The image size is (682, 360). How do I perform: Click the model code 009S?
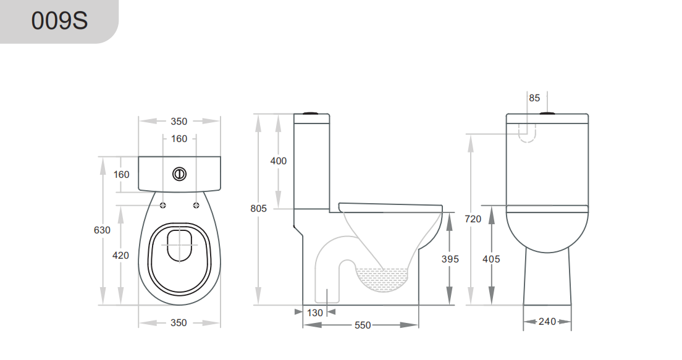click(x=59, y=21)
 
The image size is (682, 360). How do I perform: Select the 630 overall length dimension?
click(x=102, y=230)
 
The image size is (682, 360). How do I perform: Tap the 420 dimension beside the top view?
click(x=121, y=255)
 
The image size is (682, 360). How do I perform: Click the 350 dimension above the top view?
click(x=179, y=122)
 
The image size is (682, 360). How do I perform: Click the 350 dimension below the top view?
click(x=179, y=323)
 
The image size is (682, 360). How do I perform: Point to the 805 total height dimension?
click(x=259, y=209)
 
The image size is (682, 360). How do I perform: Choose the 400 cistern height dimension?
click(x=279, y=161)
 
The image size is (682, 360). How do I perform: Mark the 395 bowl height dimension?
click(x=450, y=259)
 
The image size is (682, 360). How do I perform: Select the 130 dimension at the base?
click(x=315, y=313)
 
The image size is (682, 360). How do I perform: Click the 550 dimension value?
click(x=363, y=325)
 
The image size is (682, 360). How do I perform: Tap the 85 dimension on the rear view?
click(x=534, y=98)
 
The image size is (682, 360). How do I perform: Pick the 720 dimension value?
click(x=473, y=219)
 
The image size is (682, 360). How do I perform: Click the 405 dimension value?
click(x=492, y=259)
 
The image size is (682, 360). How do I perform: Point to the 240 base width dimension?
click(x=547, y=322)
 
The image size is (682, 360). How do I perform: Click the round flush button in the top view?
click(x=179, y=174)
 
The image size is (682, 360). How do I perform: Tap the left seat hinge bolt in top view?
click(x=163, y=205)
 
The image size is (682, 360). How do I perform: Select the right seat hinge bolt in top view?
click(x=196, y=205)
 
